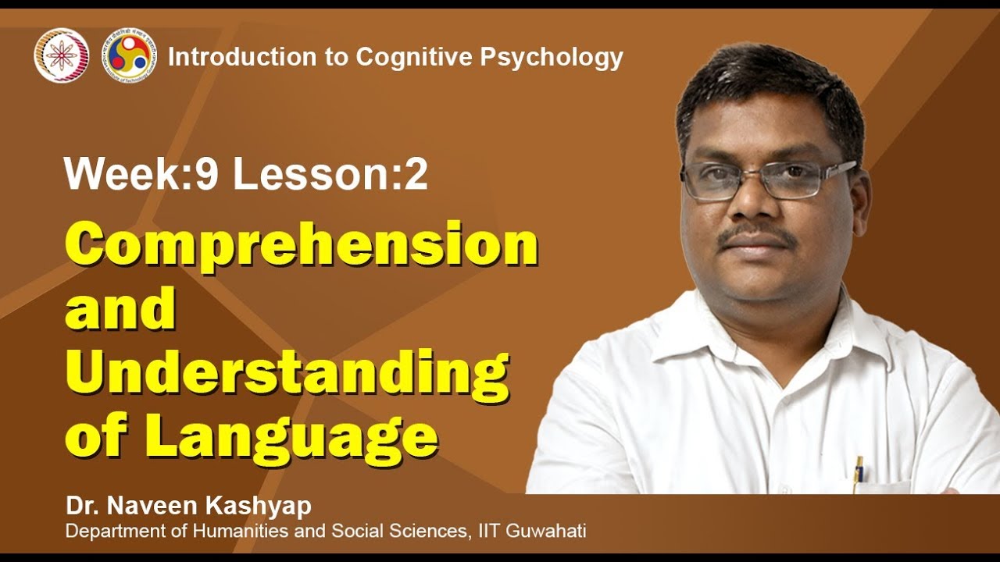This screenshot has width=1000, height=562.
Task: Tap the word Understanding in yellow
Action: [x=287, y=372]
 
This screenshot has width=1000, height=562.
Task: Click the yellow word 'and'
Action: [x=120, y=309]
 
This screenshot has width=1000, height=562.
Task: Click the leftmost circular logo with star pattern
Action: [x=62, y=55]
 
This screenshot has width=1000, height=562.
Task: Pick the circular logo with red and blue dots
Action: [x=130, y=55]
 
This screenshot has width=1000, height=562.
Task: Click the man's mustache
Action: [x=755, y=235]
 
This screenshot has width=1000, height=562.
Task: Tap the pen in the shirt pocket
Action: [x=859, y=470]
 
